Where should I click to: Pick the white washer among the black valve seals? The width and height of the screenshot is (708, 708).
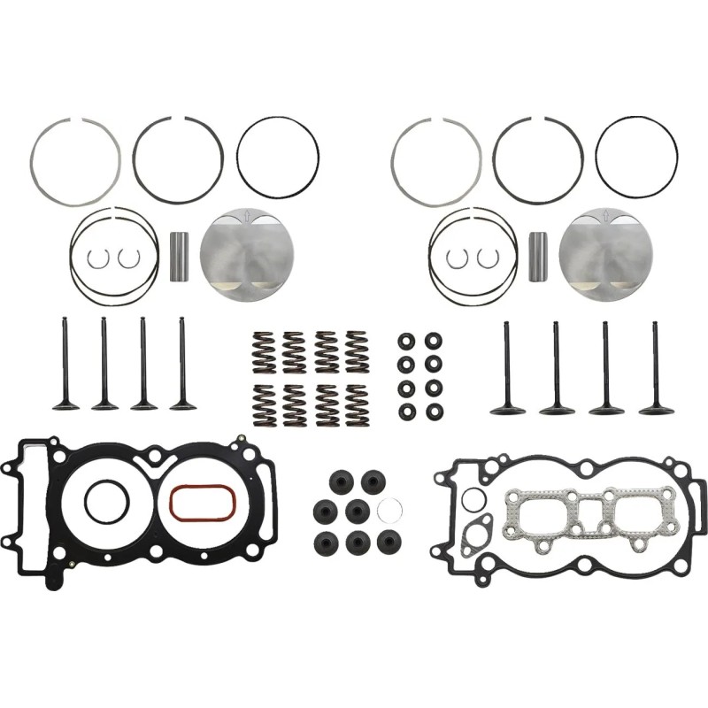389,510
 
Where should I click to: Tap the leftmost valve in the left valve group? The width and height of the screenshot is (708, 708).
65,364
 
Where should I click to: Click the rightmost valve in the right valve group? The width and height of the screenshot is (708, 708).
656,366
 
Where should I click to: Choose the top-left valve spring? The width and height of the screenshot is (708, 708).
263,351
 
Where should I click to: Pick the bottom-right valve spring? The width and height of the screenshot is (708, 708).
358,405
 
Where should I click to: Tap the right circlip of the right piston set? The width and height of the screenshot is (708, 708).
486,258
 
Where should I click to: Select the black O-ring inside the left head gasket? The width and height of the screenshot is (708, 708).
107,503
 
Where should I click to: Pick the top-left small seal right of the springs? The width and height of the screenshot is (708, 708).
406,342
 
